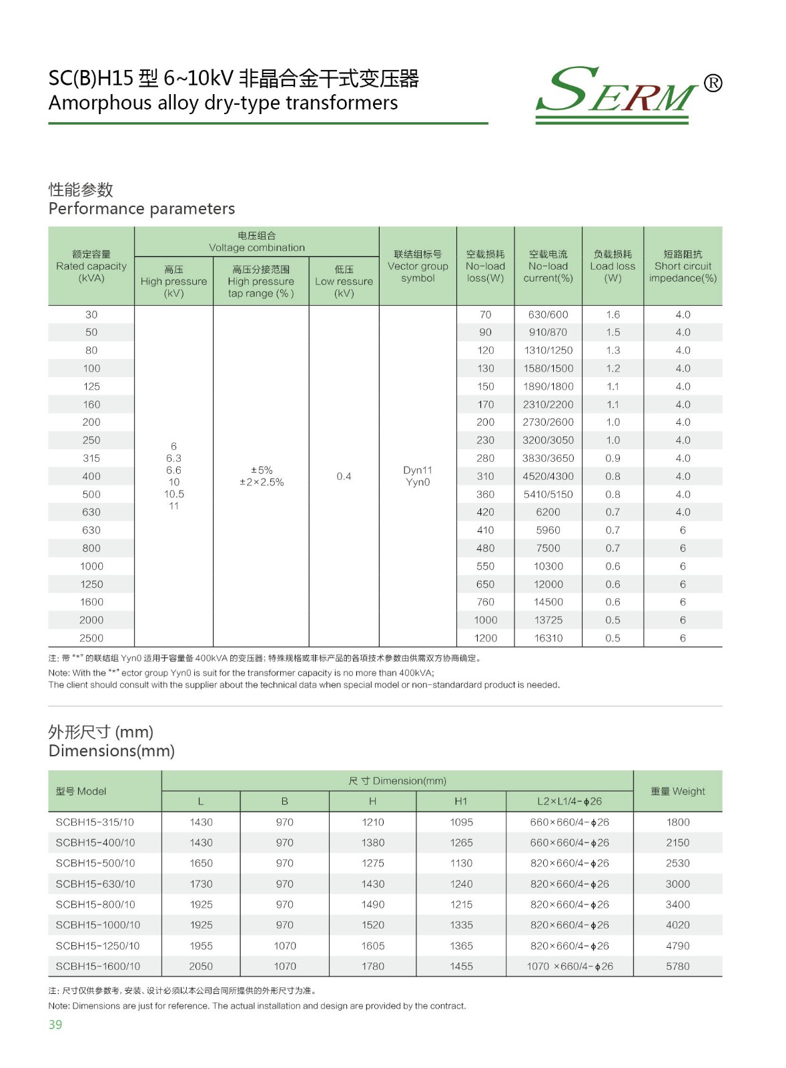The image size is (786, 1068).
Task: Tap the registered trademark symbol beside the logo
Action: point(713,83)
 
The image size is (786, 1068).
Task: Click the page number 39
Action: point(55,1025)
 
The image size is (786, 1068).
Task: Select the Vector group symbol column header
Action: point(418,266)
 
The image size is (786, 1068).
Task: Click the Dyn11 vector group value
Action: point(418,470)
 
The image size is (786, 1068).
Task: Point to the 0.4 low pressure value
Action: point(344,476)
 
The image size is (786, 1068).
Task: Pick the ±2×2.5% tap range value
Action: point(262,482)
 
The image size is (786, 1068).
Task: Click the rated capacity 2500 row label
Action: point(91,638)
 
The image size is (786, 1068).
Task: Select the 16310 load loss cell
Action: point(548,638)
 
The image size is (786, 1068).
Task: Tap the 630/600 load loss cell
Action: point(548,314)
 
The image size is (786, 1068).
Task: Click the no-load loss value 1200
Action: point(486,638)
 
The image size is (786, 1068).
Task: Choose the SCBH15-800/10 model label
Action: point(95,904)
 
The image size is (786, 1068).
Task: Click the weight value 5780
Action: point(677,966)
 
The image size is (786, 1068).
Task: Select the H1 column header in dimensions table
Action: point(461,801)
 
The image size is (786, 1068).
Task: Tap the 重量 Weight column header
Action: point(677,791)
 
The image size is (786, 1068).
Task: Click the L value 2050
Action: point(201,966)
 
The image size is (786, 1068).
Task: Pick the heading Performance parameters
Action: point(141,209)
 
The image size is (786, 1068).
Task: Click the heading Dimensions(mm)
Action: point(111,751)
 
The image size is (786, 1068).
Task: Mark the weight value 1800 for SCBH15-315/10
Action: point(677,822)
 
